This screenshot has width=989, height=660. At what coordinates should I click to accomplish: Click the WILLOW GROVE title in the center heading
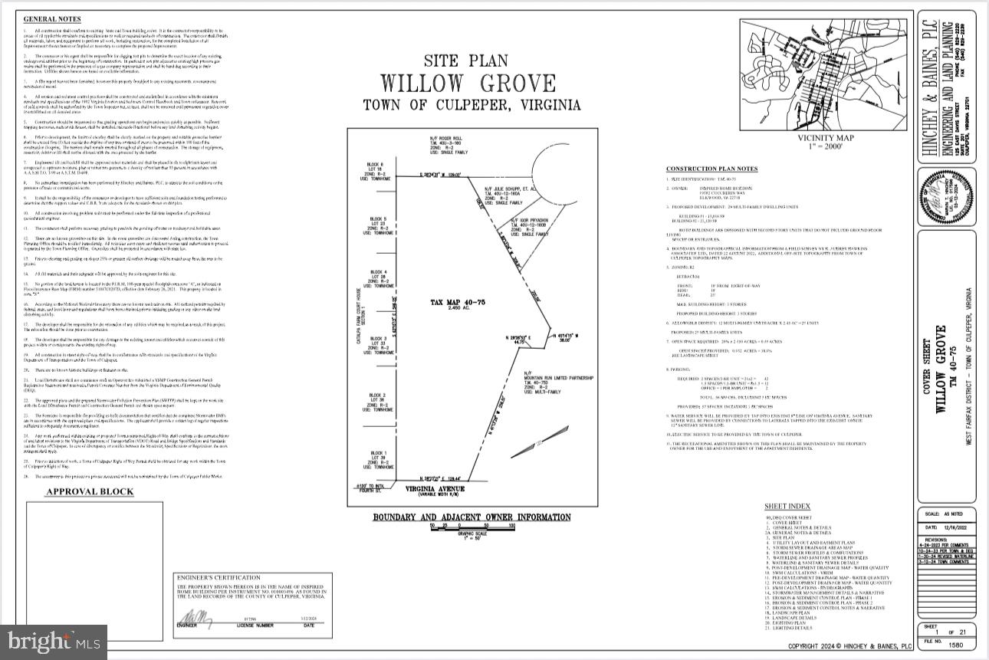point(468,83)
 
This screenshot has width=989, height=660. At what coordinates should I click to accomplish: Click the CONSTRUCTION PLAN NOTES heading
point(711,169)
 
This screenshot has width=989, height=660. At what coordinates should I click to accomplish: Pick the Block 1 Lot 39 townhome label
point(379,458)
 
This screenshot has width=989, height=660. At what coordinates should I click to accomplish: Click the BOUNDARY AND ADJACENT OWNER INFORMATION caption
point(472,517)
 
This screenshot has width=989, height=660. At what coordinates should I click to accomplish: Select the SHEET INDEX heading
point(787,507)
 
